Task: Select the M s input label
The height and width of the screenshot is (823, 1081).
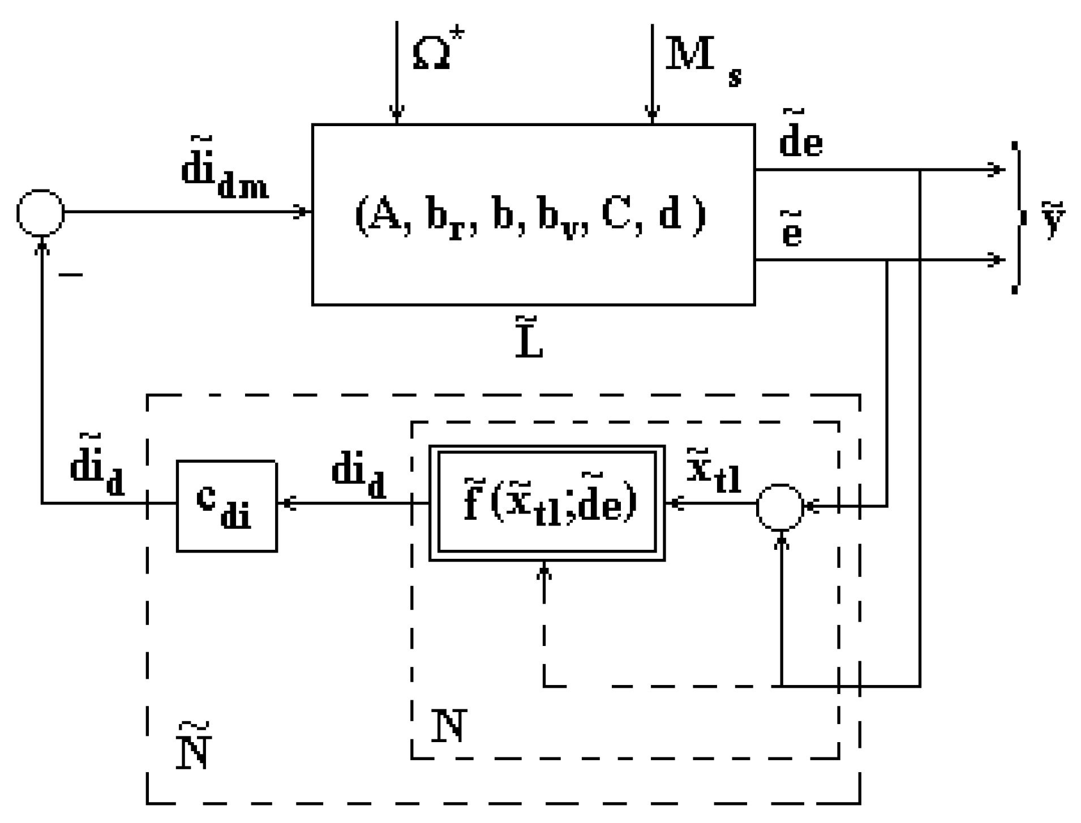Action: click(x=702, y=60)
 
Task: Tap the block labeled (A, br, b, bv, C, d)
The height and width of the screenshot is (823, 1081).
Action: click(x=533, y=215)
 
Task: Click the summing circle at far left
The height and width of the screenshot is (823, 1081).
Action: click(x=41, y=213)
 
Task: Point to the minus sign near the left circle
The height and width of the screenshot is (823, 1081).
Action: click(x=71, y=275)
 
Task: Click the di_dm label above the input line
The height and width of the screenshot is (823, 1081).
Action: click(x=224, y=170)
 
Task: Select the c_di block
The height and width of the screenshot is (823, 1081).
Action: click(x=226, y=506)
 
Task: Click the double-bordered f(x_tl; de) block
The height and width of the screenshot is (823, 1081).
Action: click(x=547, y=503)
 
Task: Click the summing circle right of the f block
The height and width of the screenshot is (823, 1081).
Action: click(x=779, y=507)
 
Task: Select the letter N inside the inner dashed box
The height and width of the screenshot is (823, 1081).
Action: click(x=448, y=726)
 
